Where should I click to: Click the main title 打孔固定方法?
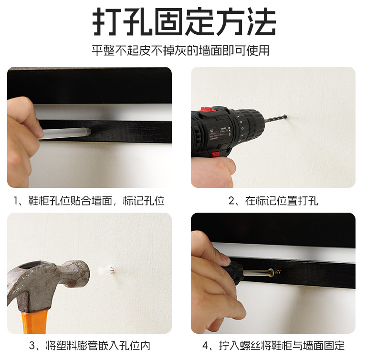click(184, 21)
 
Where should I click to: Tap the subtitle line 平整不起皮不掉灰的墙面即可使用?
click(180, 51)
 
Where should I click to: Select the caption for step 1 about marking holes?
click(89, 201)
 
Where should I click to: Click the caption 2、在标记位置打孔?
click(273, 201)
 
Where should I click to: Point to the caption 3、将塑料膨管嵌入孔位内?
click(90, 346)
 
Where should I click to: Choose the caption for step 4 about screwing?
click(273, 346)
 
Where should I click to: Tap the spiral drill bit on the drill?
click(275, 118)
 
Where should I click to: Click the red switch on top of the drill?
click(208, 110)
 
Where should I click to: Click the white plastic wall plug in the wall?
click(106, 271)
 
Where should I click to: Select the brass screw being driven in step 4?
click(275, 272)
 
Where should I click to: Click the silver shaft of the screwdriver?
click(257, 273)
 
